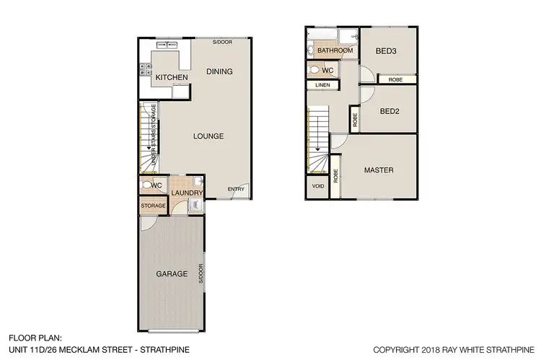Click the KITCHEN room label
(x=172, y=77)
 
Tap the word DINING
(x=219, y=71)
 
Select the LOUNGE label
(x=208, y=136)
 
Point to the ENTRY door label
(x=236, y=189)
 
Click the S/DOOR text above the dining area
(x=221, y=42)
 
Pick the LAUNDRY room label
(x=187, y=193)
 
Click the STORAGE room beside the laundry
(x=153, y=206)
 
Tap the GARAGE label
(x=172, y=273)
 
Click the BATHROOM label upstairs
(x=334, y=51)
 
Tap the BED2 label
(x=390, y=111)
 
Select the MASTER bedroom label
(x=378, y=170)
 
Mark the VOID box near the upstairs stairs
(x=317, y=185)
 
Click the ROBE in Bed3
(x=395, y=79)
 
